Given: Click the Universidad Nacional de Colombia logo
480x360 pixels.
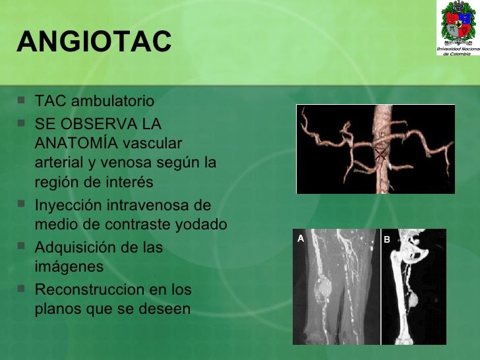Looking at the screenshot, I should (457, 28).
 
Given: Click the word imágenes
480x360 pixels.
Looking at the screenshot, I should (69, 266).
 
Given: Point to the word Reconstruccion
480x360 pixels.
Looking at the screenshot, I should (87, 289).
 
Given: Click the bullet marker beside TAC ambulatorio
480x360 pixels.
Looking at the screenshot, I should (23, 102).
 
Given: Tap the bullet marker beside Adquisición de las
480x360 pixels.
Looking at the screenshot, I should (23, 247).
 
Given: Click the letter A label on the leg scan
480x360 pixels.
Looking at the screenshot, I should (301, 239).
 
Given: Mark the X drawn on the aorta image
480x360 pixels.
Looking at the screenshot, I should (380, 154).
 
